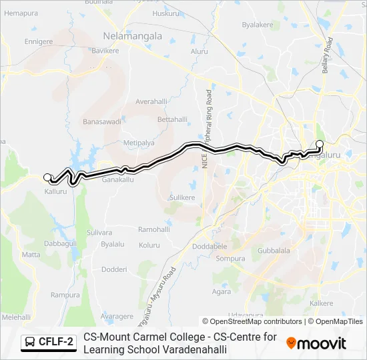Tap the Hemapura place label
coord(21,13)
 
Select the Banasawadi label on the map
coord(101,122)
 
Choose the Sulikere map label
coord(181,198)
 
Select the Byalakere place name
coord(258,25)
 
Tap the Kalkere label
coord(322,303)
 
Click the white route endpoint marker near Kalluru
coord(47,177)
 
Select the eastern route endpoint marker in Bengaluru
coord(319,145)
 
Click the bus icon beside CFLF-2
coord(29,343)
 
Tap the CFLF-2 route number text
coord(56,343)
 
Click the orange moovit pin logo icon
coord(291,343)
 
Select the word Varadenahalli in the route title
coord(189,349)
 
